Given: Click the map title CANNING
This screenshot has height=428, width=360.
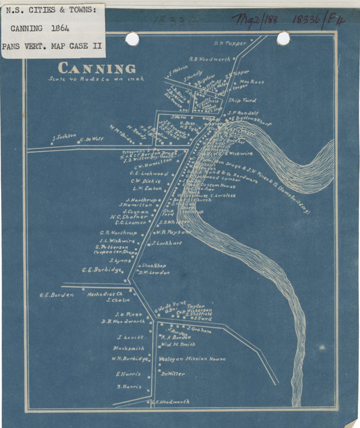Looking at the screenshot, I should [97, 68].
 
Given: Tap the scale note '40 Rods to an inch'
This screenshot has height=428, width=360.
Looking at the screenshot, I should [96, 79].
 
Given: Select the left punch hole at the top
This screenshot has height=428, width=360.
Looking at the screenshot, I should [132, 38].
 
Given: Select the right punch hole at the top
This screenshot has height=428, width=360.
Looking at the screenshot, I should [283, 38].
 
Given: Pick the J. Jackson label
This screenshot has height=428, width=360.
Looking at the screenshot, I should [63, 136].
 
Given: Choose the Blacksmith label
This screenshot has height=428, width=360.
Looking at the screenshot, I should [128, 348].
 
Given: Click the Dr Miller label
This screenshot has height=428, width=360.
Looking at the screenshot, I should [173, 374].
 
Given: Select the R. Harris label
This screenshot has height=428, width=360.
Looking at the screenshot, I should [128, 387].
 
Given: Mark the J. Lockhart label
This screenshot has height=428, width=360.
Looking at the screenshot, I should [167, 243].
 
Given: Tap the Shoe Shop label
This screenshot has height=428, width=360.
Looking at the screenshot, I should [153, 265].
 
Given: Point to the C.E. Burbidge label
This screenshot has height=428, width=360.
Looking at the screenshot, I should [101, 270].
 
